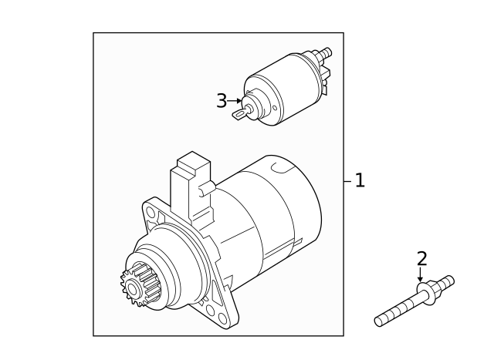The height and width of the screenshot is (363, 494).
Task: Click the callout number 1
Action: (359, 181)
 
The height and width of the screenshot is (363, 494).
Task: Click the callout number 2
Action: (421, 259)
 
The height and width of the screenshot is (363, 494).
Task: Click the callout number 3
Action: (222, 101)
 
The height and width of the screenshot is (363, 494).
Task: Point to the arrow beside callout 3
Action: (237, 101)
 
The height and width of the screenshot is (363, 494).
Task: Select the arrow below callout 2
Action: (421, 276)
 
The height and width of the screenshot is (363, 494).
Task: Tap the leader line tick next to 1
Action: (347, 181)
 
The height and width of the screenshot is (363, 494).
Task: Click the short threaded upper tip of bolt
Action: (447, 281)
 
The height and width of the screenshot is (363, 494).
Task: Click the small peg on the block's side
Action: (206, 187)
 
